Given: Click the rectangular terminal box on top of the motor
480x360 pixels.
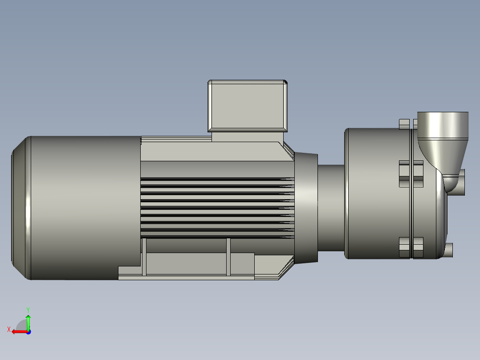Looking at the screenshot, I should (x=247, y=106).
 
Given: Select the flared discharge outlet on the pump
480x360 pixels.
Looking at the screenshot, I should (x=442, y=127).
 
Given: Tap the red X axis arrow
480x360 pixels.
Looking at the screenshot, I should (x=19, y=331).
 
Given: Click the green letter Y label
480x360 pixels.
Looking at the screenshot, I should (x=28, y=309).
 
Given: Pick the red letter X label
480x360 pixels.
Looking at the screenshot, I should (x=8, y=329).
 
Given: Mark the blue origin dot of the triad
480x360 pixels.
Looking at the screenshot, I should (x=28, y=331).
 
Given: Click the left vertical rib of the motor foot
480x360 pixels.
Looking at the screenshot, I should (x=144, y=257).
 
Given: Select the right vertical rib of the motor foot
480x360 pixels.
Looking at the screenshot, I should (x=228, y=257).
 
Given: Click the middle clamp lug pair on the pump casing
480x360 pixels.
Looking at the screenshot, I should (x=411, y=174).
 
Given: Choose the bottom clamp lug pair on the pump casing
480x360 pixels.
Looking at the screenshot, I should (x=411, y=248).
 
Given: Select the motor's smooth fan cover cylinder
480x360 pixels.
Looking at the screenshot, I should (x=85, y=207).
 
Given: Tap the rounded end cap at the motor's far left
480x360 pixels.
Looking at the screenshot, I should (x=20, y=207).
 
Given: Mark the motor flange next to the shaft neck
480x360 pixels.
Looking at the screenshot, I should (x=306, y=207).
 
